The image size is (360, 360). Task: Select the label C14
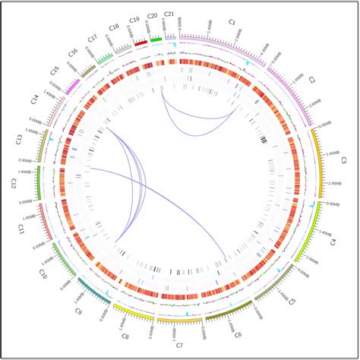point(35,99)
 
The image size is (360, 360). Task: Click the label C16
point(73,52)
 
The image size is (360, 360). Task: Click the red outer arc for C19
point(141,43)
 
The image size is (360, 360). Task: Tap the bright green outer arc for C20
point(156,39)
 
